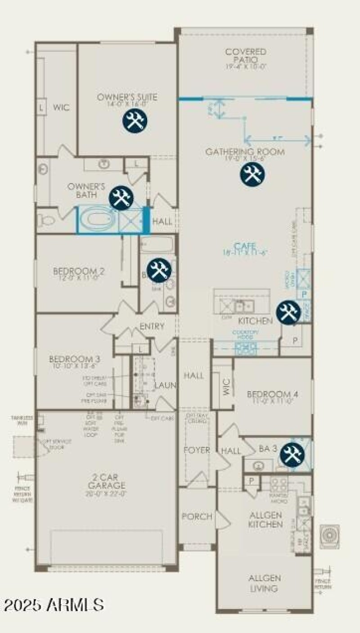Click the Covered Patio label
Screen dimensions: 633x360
pos(246,56)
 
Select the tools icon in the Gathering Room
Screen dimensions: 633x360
pos(252,174)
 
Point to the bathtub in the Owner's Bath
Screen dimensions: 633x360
pos(98,220)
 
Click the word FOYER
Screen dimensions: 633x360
pos(197,450)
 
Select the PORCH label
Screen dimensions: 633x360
pos(197,516)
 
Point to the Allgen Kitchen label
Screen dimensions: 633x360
pos(266,520)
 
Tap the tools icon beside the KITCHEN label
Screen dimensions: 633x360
pos(288,312)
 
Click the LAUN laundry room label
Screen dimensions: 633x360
pos(165,385)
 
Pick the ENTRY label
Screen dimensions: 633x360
pos(152,326)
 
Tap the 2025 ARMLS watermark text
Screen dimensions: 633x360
pos(53,604)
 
